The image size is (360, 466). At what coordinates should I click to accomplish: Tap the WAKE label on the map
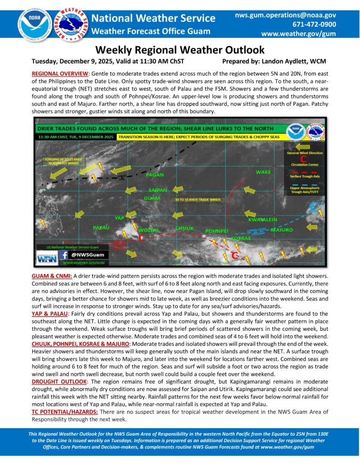click(x=263, y=172)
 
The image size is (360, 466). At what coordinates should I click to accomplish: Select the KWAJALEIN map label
click(x=263, y=219)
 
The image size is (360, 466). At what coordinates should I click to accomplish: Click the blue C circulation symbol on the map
click(x=314, y=208)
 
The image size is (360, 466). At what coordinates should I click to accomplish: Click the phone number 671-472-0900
click(x=312, y=24)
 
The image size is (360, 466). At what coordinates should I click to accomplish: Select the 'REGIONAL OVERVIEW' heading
click(x=62, y=73)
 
